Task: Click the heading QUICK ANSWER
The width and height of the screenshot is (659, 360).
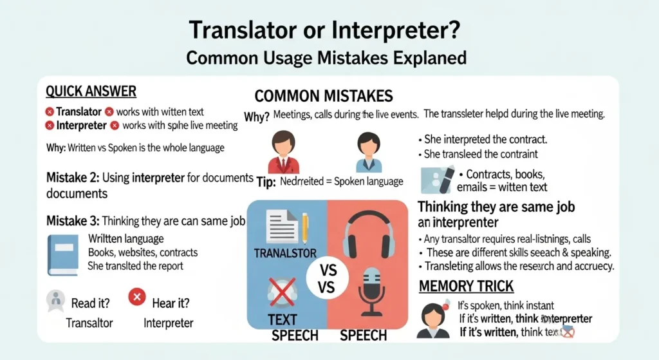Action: tap(91, 91)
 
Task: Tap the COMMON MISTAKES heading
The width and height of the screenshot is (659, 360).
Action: tap(324, 97)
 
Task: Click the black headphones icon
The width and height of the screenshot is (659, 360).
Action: tap(368, 231)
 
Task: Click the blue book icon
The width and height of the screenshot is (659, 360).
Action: tap(63, 254)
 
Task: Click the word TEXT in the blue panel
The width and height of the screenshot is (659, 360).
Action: tap(282, 319)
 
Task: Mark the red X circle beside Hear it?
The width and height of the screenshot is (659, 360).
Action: tap(136, 297)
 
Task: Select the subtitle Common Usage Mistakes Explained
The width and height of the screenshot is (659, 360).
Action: tap(326, 58)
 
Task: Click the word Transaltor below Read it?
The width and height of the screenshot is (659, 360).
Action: tap(89, 323)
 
